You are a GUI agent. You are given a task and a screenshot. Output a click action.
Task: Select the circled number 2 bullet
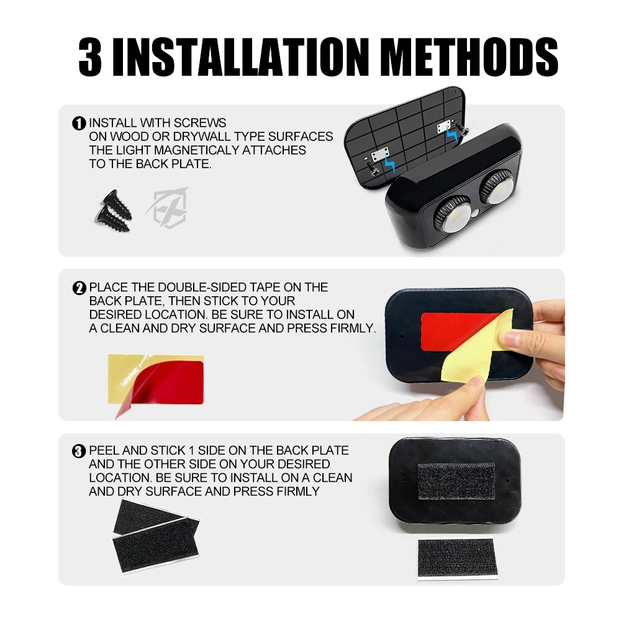coord(79,288)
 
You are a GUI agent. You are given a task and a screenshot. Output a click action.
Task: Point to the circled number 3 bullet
coord(79,451)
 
